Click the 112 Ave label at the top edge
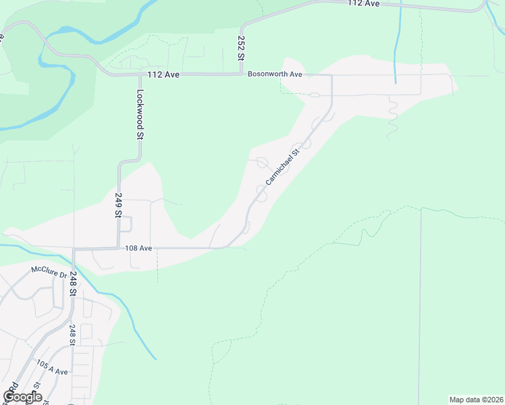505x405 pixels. [365, 3]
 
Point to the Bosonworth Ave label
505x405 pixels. [274, 74]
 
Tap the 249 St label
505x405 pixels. [118, 205]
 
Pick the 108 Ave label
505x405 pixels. [138, 248]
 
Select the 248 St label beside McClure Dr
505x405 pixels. [72, 283]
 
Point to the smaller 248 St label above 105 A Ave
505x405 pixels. [72, 334]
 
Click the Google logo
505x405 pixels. [22, 396]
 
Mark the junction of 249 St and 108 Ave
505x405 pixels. [119, 248]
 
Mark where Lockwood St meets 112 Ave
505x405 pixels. [141, 74]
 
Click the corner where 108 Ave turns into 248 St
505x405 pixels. [74, 249]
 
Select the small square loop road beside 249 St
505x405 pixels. [126, 224]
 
